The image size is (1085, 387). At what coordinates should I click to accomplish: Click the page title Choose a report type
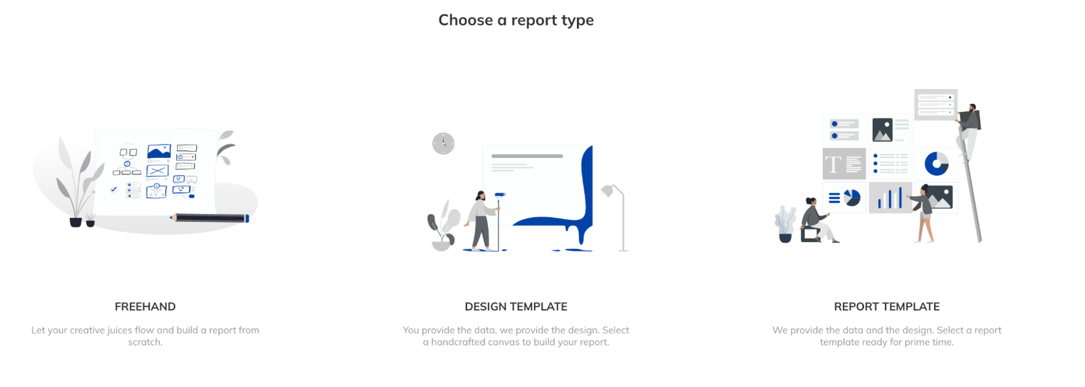(516, 20)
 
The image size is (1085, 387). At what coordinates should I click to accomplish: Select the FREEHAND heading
(145, 307)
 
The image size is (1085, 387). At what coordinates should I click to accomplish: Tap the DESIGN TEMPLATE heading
(516, 307)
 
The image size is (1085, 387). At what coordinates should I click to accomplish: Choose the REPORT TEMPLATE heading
(886, 307)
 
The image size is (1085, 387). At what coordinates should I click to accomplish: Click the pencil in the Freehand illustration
(210, 218)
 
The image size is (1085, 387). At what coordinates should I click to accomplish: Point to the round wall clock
(443, 143)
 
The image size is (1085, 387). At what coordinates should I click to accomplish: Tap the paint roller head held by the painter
(500, 194)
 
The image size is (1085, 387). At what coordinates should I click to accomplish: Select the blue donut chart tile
(936, 163)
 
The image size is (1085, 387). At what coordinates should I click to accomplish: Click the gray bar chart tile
(890, 198)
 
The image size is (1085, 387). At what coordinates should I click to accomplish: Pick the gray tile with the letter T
(844, 163)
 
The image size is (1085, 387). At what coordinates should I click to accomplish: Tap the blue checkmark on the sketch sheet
(113, 189)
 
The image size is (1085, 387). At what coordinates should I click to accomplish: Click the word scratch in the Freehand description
(145, 342)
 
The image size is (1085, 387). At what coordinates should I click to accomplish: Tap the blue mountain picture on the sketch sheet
(159, 151)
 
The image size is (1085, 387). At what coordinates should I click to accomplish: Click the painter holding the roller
(480, 220)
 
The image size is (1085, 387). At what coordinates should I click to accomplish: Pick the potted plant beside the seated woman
(785, 224)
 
